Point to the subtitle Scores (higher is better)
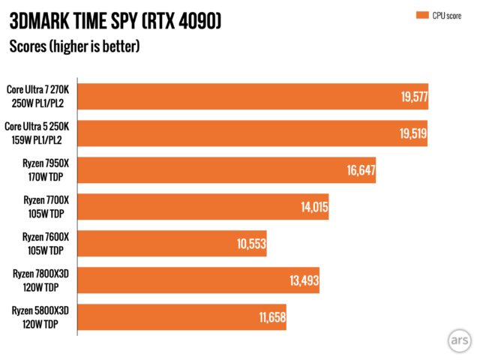pyautogui.click(x=74, y=46)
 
